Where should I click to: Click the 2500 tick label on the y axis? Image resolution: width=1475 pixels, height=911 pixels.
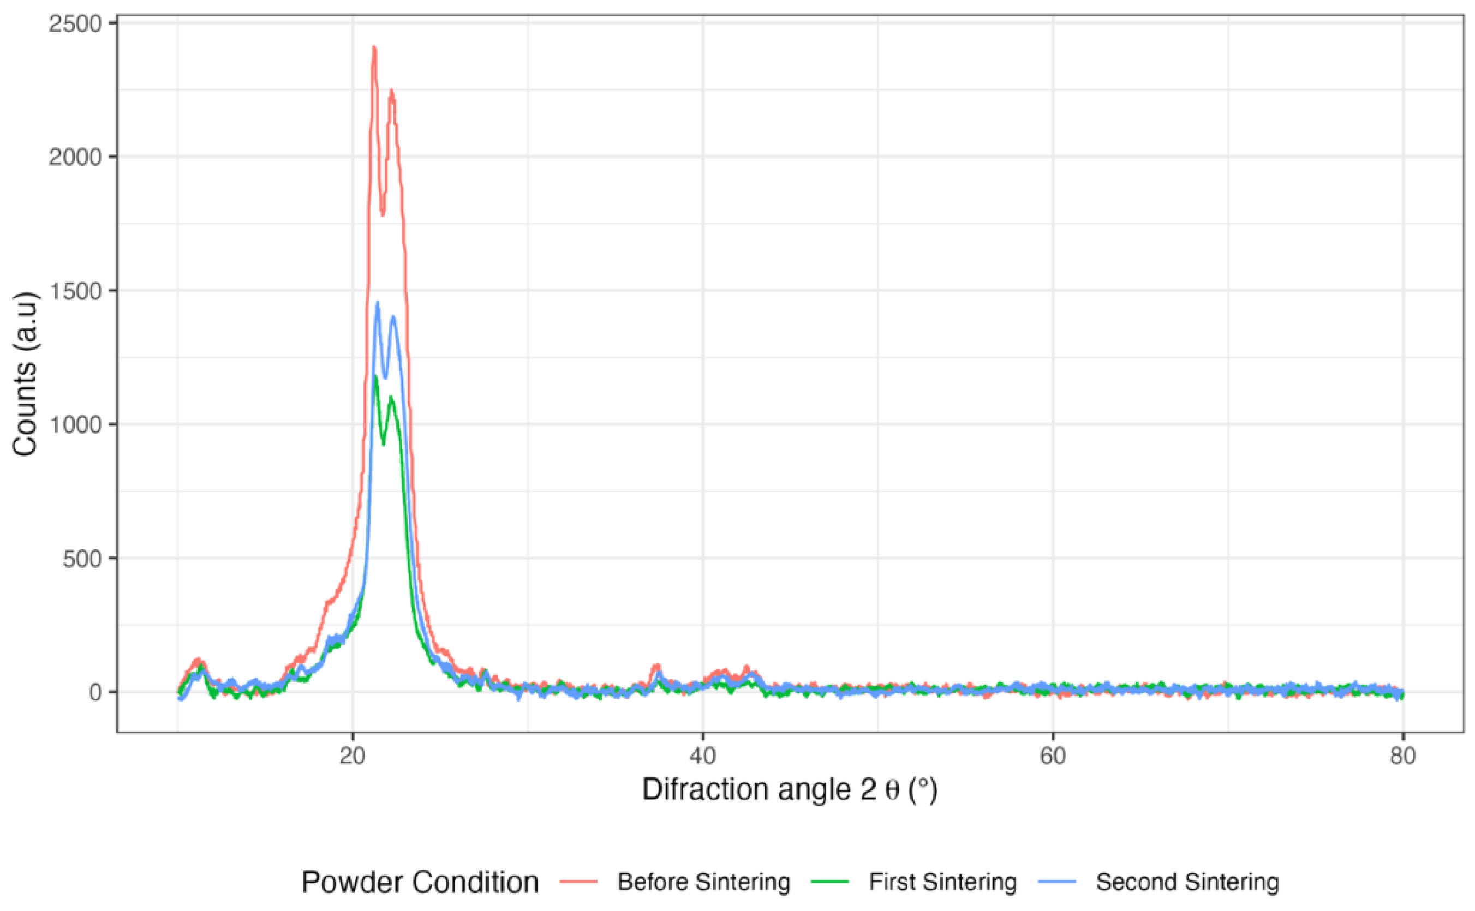75,23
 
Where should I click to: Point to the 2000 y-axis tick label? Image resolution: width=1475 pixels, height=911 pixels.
75,157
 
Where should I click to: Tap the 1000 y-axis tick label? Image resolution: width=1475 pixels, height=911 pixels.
75,425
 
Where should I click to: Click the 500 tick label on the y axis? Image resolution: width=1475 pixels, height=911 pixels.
82,559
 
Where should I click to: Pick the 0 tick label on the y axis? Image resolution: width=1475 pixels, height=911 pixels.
97,693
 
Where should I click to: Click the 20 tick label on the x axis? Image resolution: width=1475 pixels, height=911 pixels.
353,756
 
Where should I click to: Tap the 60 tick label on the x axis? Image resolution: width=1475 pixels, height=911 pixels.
1053,756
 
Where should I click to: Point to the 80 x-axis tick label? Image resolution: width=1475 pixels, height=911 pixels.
1402,756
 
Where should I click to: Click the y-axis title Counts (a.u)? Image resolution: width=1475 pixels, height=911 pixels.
25,374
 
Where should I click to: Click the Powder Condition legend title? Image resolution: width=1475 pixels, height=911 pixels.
420,882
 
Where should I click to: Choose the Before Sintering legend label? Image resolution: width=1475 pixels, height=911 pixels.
704,882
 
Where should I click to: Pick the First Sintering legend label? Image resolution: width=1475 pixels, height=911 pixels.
942,882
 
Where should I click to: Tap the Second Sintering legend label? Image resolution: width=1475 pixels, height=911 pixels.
1187,882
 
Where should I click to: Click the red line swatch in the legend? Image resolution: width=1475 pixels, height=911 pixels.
578,882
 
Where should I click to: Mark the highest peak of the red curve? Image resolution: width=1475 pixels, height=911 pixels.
374,47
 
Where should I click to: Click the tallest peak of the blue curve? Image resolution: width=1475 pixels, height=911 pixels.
378,303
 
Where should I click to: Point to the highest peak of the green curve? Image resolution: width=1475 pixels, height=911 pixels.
375,377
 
